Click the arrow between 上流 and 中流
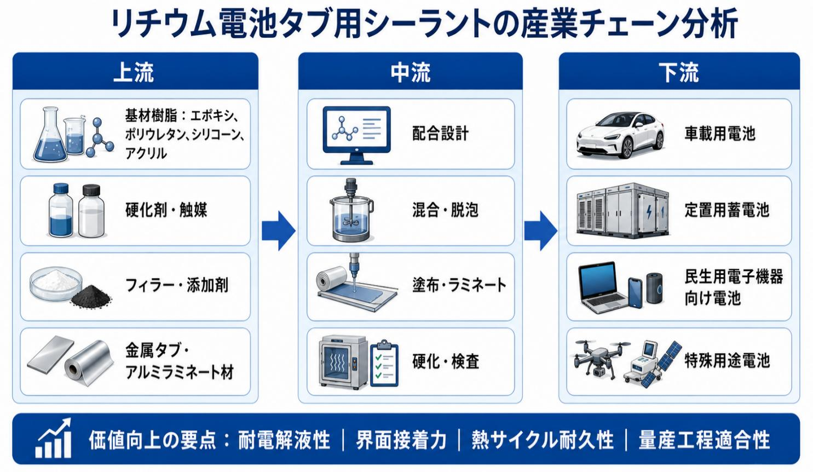(x=278, y=231)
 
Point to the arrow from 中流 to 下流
(x=540, y=231)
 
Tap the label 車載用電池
(x=720, y=134)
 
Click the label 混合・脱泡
(x=445, y=210)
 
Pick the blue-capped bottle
(x=61, y=210)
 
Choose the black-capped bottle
(x=91, y=211)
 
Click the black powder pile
(x=91, y=296)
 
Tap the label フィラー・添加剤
(x=177, y=285)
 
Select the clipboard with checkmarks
(x=384, y=363)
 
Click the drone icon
(x=597, y=358)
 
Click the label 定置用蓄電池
(x=727, y=210)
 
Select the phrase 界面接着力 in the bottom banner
(x=401, y=440)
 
